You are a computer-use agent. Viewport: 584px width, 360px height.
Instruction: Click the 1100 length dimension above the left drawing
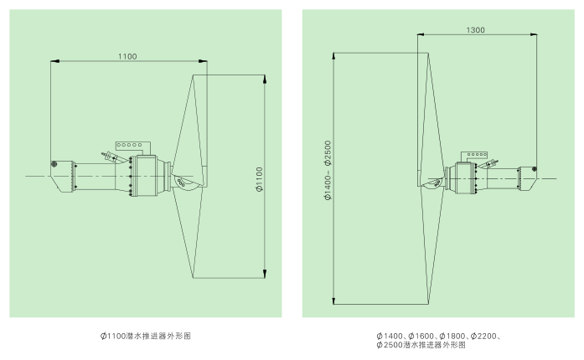pos(127,56)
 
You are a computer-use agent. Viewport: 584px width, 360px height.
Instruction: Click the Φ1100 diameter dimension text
pos(260,177)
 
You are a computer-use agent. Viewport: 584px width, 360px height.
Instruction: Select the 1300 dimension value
pos(476,29)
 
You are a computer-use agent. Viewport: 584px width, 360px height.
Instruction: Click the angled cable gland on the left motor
pos(108,155)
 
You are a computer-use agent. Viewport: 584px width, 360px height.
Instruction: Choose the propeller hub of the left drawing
pos(178,177)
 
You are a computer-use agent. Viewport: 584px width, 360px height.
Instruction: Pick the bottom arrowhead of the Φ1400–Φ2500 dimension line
pos(333,301)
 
